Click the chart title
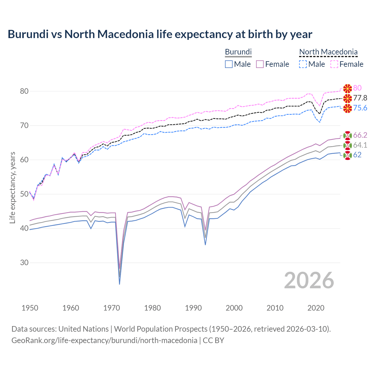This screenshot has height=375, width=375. tap(160, 34)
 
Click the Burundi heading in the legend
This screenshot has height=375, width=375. tap(238, 52)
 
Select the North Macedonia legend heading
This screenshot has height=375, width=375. tap(328, 52)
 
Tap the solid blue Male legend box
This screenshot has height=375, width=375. tap(229, 64)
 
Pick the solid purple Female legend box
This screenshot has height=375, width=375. tap(260, 64)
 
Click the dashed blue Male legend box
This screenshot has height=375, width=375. tap(303, 64)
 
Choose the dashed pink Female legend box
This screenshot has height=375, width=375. tap(334, 64)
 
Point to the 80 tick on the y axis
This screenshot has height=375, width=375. tap(24, 91)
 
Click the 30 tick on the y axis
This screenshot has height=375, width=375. tap(24, 262)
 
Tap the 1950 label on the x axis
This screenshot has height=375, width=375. tap(30, 308)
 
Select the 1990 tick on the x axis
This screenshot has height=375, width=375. tap(193, 308)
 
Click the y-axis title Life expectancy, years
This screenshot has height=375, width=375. tap(12, 187)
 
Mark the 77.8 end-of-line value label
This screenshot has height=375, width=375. tap(360, 98)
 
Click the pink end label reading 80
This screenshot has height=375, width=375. tap(357, 88)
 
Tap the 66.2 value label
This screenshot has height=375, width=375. tap(360, 135)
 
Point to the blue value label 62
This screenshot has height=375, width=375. tap(357, 155)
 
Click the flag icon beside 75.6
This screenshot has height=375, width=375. tap(347, 108)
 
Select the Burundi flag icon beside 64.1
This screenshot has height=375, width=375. tap(347, 145)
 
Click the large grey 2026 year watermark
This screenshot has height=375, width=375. tap(309, 280)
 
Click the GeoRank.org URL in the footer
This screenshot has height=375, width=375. tap(104, 340)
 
